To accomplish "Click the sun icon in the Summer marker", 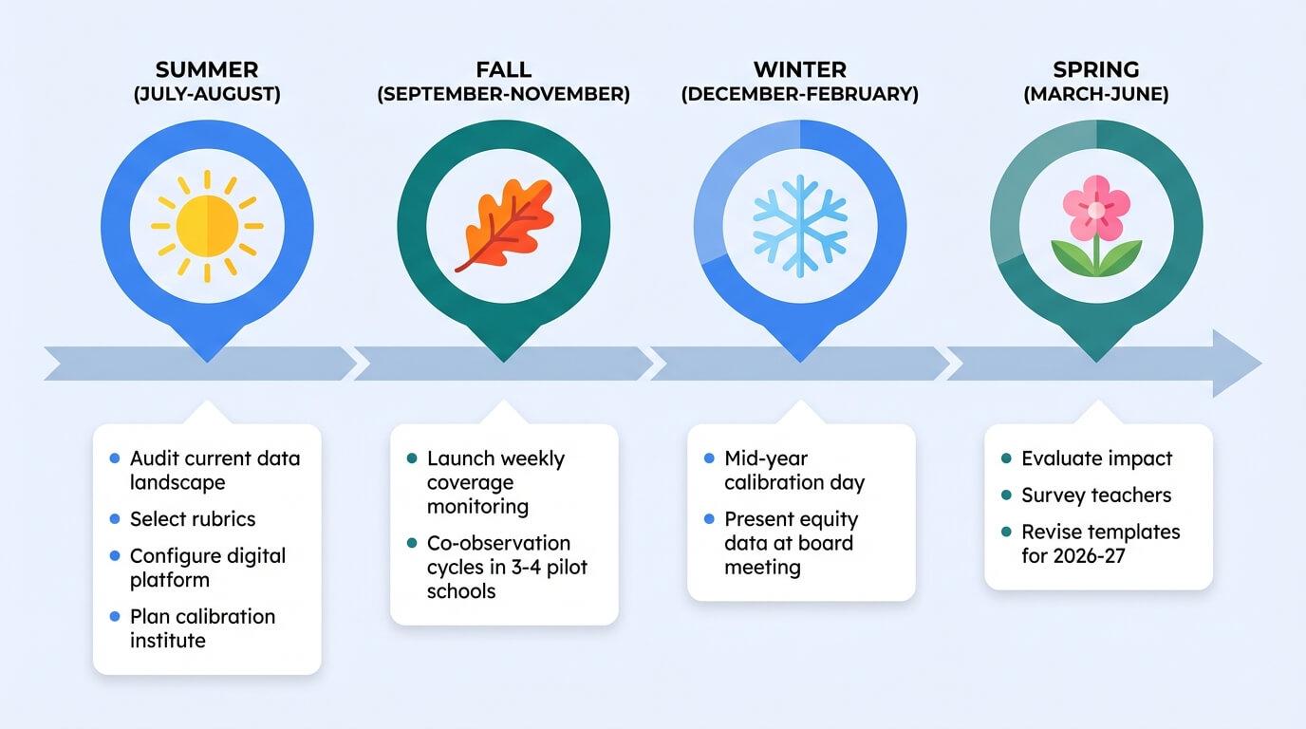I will [207, 226].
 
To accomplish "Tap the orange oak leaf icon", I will [503, 226].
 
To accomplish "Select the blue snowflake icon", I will [799, 226].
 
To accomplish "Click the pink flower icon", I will [1096, 224].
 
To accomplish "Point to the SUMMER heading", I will [206, 70].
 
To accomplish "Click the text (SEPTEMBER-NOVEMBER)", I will [503, 95].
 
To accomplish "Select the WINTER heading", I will [799, 70].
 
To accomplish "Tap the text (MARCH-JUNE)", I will [1096, 95].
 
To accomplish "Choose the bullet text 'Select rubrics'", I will [193, 519].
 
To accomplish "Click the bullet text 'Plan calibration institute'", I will [202, 628].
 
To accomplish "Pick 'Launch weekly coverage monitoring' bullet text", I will [495, 482].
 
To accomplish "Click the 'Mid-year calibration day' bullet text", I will [794, 470].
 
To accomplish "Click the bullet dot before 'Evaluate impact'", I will [1006, 458].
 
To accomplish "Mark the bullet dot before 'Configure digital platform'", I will [115, 556].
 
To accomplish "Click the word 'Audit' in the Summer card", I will [155, 458].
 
